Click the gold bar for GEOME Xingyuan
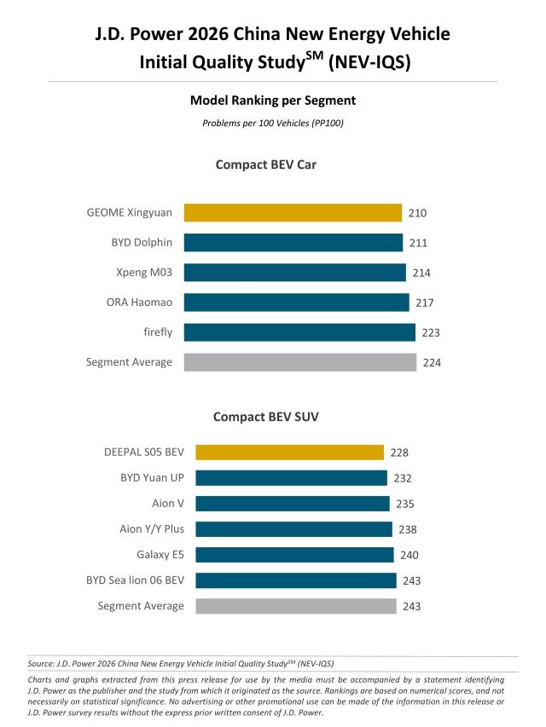pos(293,212)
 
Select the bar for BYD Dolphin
pos(293,242)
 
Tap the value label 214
pos(421,273)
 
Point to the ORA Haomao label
pos(139,302)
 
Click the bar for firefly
pos(299,332)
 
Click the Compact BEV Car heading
pos(265,164)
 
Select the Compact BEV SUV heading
pos(265,417)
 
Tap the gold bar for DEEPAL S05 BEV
pos(289,453)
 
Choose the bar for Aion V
pos(293,504)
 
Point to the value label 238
pos(408,529)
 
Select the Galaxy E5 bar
pos(294,555)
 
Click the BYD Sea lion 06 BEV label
pos(135,580)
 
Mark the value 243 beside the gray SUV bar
pos(411,606)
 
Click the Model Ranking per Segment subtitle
pos(272,101)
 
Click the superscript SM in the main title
pos(325,55)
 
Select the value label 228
pos(399,453)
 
